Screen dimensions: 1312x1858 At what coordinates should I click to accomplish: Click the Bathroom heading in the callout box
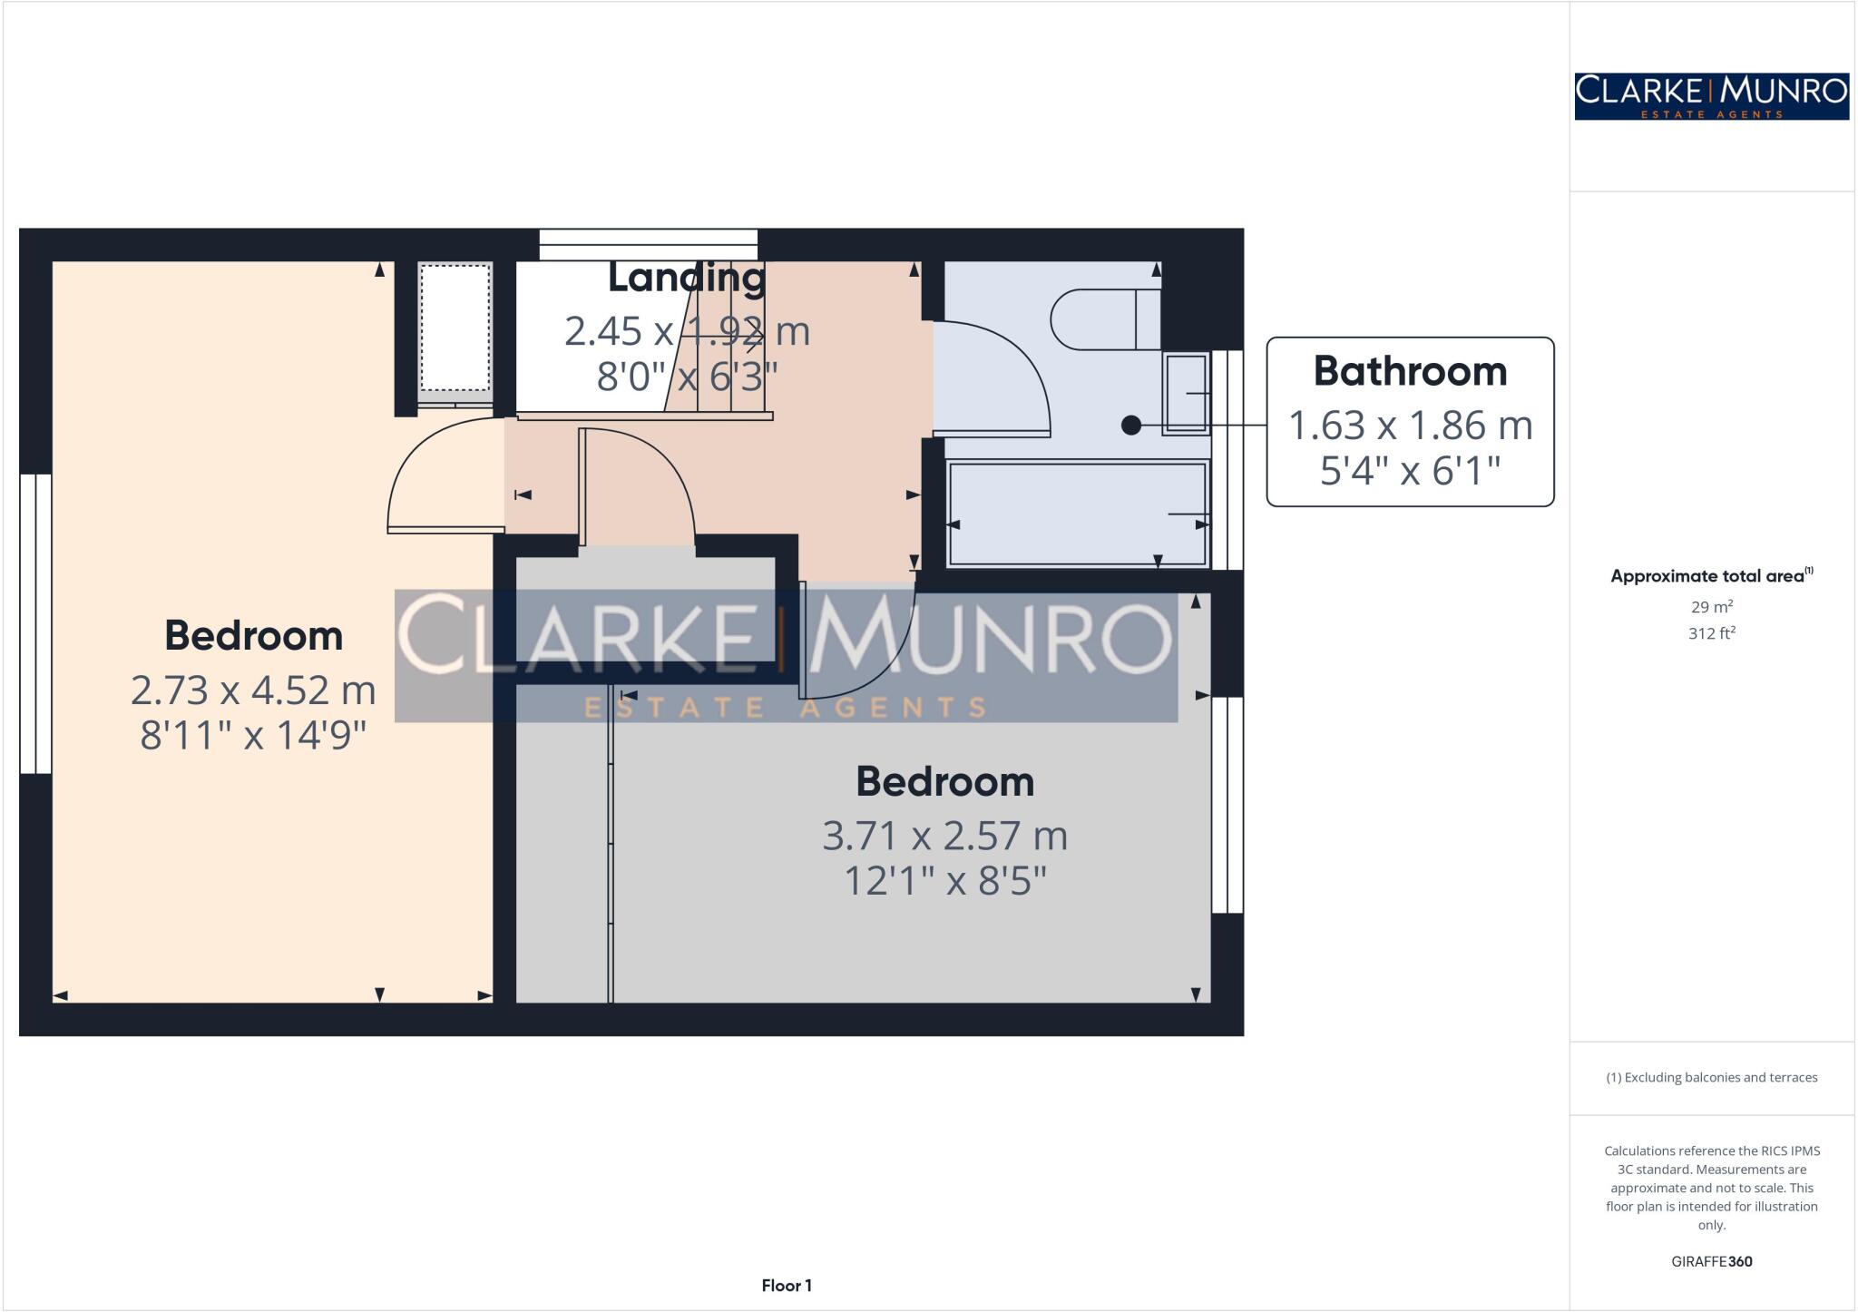[1410, 371]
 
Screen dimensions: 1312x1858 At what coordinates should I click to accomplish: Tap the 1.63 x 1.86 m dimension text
[1410, 426]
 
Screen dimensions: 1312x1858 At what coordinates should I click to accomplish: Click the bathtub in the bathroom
[1077, 514]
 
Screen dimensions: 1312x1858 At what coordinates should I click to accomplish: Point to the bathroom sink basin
[1186, 392]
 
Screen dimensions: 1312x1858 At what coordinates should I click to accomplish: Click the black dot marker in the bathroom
[1130, 425]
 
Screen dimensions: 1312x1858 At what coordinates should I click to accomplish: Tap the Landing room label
[686, 278]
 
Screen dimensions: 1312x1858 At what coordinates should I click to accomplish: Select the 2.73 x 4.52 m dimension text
[253, 690]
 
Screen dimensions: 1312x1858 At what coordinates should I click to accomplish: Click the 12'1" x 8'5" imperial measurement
[944, 880]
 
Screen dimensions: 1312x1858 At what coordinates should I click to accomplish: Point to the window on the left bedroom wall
[35, 623]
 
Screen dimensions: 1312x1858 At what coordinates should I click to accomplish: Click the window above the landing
[648, 244]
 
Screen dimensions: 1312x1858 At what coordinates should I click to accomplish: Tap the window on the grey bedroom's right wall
[1227, 804]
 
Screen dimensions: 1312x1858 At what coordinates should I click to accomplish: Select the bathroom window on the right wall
[1227, 459]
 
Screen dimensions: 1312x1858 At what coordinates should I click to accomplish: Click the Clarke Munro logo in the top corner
[1711, 96]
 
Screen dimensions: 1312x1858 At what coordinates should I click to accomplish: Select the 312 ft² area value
[1711, 633]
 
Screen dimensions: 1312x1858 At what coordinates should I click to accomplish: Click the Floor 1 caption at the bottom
[787, 1286]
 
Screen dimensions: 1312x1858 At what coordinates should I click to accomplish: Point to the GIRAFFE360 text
[1711, 1261]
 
